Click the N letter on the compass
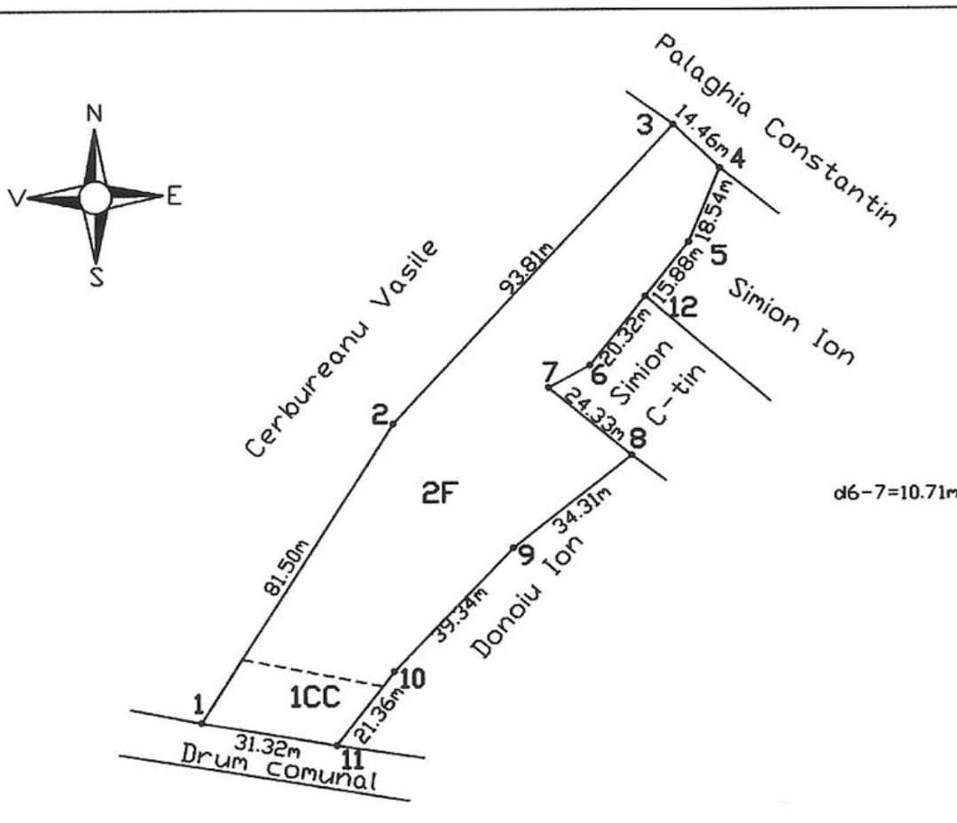tap(95, 114)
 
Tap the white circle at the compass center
tap(95, 197)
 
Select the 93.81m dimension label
tap(526, 268)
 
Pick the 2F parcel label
tap(439, 494)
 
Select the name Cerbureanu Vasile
tap(342, 348)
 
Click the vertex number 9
tap(525, 557)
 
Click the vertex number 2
tap(380, 414)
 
